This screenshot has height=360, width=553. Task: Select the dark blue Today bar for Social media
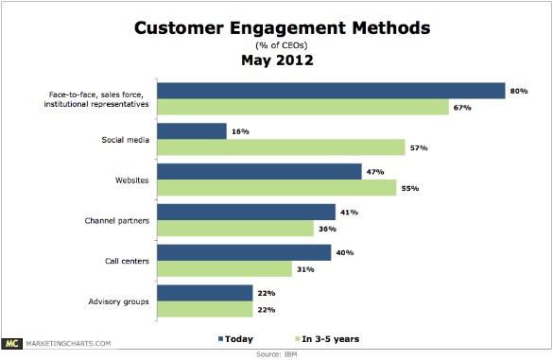coord(191,131)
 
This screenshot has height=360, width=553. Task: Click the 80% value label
coord(519,91)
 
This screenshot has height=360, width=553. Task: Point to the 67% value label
coord(462,107)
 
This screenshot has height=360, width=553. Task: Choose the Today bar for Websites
coord(259,172)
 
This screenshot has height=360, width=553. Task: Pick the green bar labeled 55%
coord(277,188)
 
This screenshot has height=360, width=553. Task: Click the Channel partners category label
coord(116,219)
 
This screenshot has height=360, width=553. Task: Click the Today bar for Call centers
coord(243,252)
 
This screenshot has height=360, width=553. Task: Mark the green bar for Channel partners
coord(234,228)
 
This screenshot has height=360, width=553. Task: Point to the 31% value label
coord(306,268)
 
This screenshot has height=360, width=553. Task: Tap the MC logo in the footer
coord(13,344)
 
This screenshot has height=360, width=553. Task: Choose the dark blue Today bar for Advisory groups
coord(204,293)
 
